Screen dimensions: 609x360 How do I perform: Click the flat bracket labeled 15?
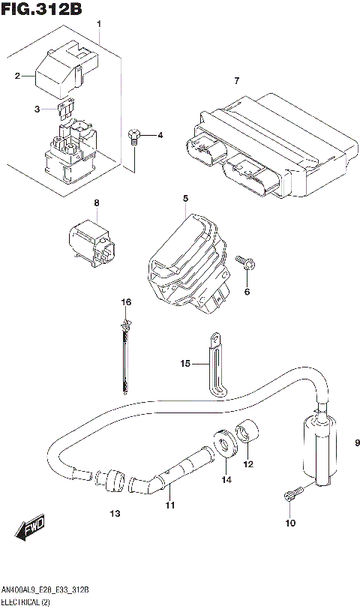214,364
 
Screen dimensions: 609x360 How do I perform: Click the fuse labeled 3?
65,110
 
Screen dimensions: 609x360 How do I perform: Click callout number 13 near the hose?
114,513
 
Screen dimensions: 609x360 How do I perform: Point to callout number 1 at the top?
99,25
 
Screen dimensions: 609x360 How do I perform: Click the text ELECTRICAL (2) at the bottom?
26,602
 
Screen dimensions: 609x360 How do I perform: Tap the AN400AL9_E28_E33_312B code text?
46,591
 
